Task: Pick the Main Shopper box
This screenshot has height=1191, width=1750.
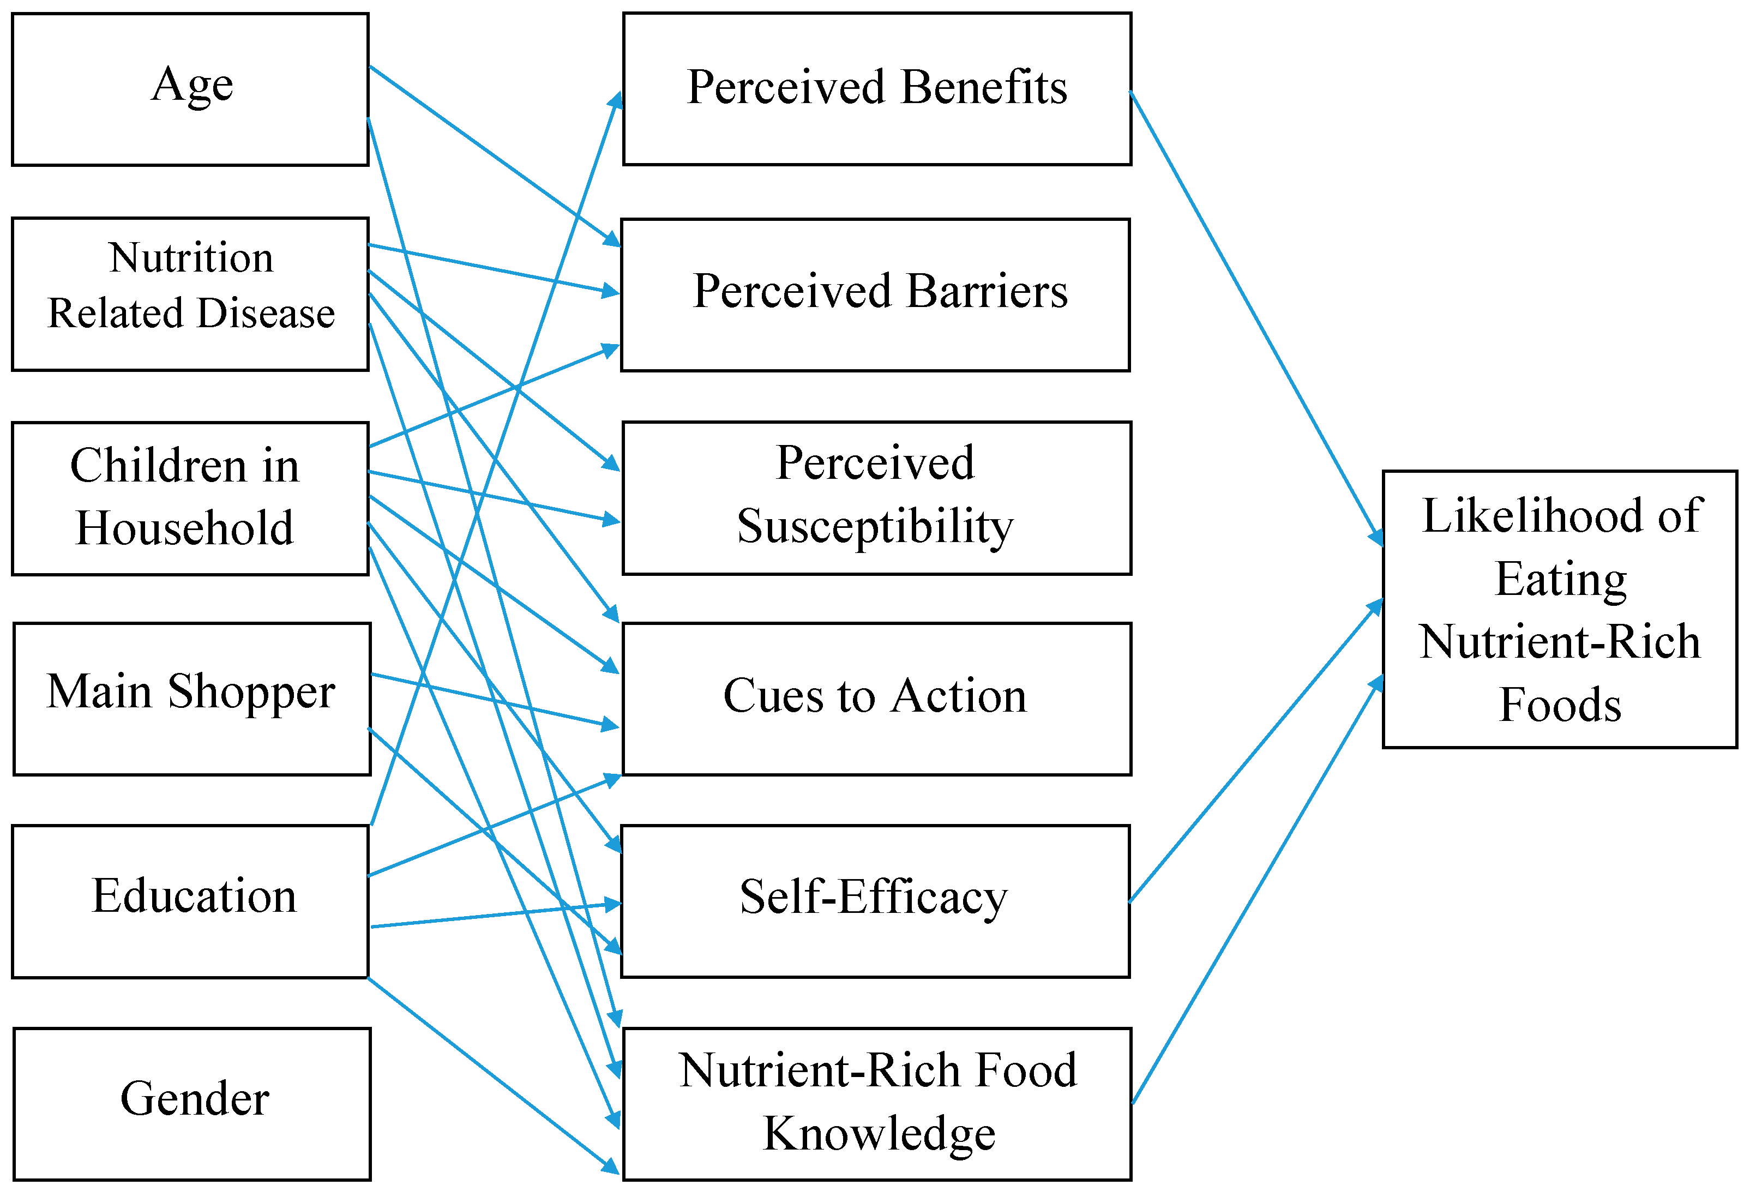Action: click(x=191, y=699)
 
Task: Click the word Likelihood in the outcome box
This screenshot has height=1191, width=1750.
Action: click(x=1560, y=516)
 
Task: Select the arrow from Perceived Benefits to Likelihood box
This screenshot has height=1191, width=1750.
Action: click(x=1256, y=316)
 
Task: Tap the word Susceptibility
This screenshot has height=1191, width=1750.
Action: click(x=875, y=527)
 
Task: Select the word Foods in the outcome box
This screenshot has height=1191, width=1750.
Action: click(x=1560, y=706)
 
